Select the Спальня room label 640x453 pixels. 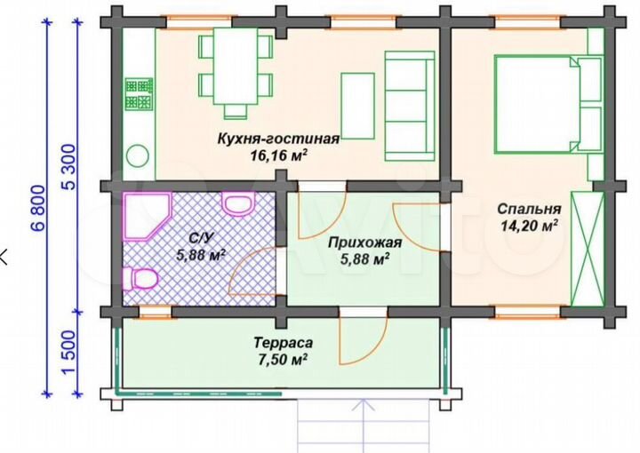[529, 210]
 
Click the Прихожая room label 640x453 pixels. [364, 242]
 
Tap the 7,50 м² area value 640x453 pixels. [280, 359]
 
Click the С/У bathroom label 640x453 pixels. [198, 238]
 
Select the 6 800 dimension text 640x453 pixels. [36, 210]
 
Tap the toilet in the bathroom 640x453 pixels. [140, 281]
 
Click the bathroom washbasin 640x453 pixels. [237, 205]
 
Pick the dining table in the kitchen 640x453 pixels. [236, 69]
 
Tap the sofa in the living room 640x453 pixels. [408, 105]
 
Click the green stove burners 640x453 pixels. [139, 94]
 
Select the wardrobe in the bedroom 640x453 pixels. [586, 248]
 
